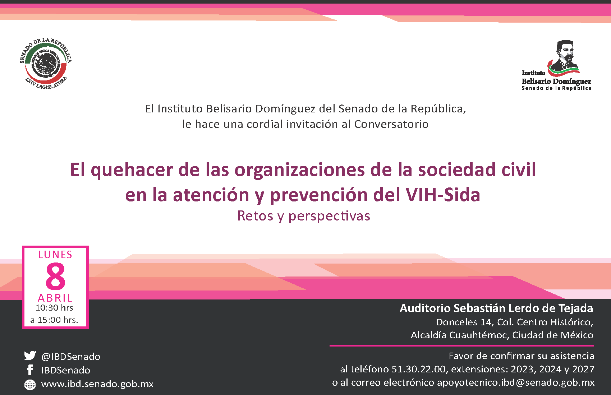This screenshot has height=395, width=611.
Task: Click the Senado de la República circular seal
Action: click(x=46, y=64)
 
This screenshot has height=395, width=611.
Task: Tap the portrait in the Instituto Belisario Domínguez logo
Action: click(x=564, y=56)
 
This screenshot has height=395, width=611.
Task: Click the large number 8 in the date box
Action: click(x=56, y=276)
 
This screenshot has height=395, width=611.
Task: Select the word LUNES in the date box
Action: click(x=55, y=255)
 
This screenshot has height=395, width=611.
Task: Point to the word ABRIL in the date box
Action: click(x=55, y=298)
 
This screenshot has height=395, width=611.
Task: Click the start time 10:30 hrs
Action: click(x=54, y=308)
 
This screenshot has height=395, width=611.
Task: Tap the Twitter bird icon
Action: click(x=30, y=356)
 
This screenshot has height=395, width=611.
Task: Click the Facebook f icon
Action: click(x=30, y=370)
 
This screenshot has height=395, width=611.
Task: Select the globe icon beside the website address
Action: click(x=30, y=384)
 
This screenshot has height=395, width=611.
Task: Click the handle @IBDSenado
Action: click(x=71, y=357)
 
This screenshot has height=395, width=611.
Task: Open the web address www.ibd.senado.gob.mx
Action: click(x=97, y=384)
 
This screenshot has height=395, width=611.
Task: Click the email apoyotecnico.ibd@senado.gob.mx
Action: click(x=515, y=382)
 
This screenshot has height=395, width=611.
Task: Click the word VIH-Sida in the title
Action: click(x=443, y=195)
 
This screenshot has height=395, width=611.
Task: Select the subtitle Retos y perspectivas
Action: click(x=304, y=216)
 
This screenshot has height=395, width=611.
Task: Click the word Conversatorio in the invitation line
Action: click(x=391, y=124)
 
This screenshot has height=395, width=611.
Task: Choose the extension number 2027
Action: click(x=583, y=369)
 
